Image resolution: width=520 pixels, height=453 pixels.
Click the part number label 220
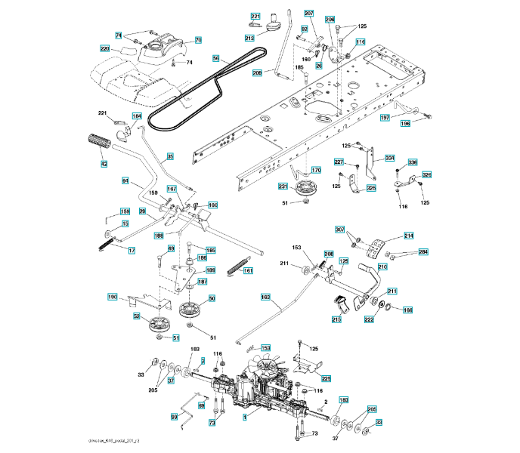(x=105, y=49)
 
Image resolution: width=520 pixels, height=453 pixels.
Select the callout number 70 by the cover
(x=198, y=40)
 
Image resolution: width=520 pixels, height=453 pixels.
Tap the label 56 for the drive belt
(x=216, y=58)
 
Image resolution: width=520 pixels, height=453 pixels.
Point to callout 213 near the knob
(x=249, y=38)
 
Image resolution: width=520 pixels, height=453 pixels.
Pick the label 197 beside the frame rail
(x=385, y=118)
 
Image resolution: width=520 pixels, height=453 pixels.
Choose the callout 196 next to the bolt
(x=405, y=124)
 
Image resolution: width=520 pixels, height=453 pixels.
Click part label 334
(x=390, y=158)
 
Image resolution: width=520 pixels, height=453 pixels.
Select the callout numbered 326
(x=426, y=175)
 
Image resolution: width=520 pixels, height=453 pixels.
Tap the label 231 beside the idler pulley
(x=283, y=187)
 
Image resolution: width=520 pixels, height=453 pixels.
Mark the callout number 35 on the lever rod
(x=170, y=156)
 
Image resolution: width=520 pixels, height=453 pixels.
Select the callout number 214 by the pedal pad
(x=408, y=236)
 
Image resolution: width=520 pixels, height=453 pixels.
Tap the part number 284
(x=423, y=251)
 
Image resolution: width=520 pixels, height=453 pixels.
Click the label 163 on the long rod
(x=265, y=297)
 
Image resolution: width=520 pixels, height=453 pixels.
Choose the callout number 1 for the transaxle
(x=244, y=417)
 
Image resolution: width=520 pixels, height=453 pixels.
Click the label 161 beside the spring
(x=249, y=270)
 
